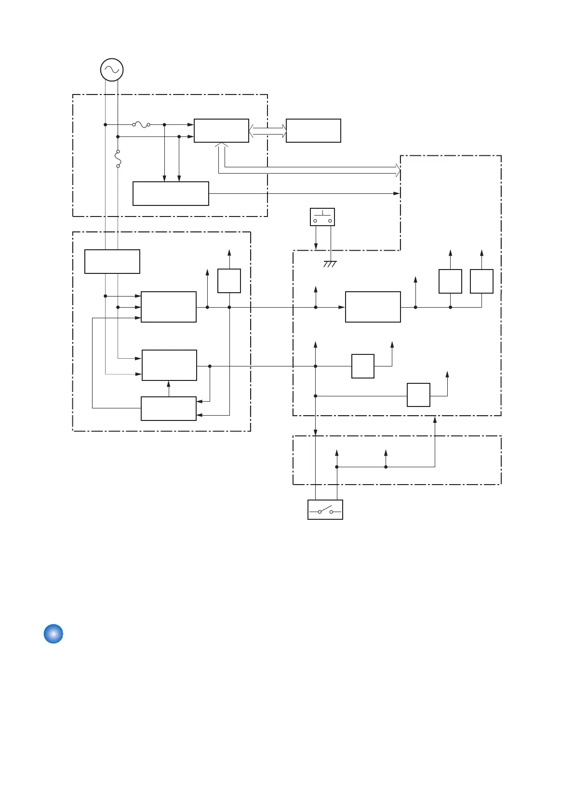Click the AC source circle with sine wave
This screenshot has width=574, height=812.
pyautogui.click(x=112, y=70)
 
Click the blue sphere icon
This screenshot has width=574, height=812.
pyautogui.click(x=53, y=634)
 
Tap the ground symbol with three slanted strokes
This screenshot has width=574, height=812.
pyautogui.click(x=330, y=264)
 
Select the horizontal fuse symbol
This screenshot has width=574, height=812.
pyautogui.click(x=141, y=124)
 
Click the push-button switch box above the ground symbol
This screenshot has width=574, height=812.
pyautogui.click(x=322, y=217)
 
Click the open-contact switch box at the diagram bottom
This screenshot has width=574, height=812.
pyautogui.click(x=325, y=510)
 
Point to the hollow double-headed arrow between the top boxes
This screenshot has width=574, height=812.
pyautogui.click(x=267, y=131)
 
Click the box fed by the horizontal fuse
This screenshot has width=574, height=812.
pyautogui.click(x=221, y=131)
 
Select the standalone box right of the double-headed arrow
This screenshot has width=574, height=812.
pyautogui.click(x=313, y=131)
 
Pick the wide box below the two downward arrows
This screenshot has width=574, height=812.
pyautogui.click(x=171, y=193)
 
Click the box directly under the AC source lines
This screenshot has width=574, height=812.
pyautogui.click(x=112, y=261)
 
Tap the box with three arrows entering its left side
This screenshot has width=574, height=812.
pyautogui.click(x=169, y=307)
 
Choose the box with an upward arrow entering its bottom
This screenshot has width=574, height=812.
pyautogui.click(x=169, y=365)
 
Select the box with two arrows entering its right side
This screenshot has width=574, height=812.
pyautogui.click(x=169, y=408)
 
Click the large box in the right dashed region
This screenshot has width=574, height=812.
pyautogui.click(x=373, y=307)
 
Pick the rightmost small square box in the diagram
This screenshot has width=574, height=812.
pyautogui.click(x=481, y=281)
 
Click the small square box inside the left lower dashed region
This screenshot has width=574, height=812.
pyautogui.click(x=229, y=281)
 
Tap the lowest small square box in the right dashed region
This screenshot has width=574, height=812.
pyautogui.click(x=418, y=395)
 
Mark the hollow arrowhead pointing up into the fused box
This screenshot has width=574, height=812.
pyautogui.click(x=221, y=145)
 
